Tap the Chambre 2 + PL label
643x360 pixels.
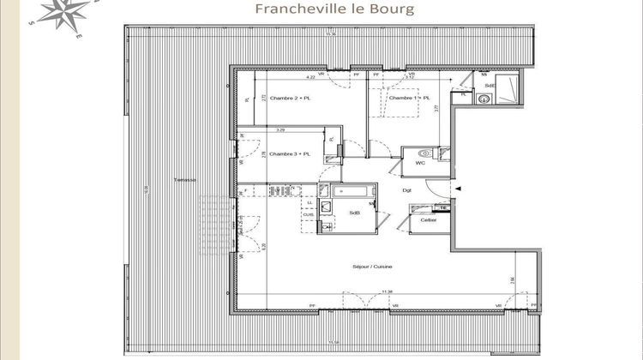coord(289,99)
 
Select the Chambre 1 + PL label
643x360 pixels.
coord(410,99)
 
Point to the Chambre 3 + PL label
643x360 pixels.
coord(290,153)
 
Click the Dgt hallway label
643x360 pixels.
coord(408,190)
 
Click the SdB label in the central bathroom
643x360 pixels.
coord(353,213)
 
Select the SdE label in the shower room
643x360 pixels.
coord(489,86)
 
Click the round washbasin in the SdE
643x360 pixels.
coord(484,98)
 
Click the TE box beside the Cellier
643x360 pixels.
coord(443,208)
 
